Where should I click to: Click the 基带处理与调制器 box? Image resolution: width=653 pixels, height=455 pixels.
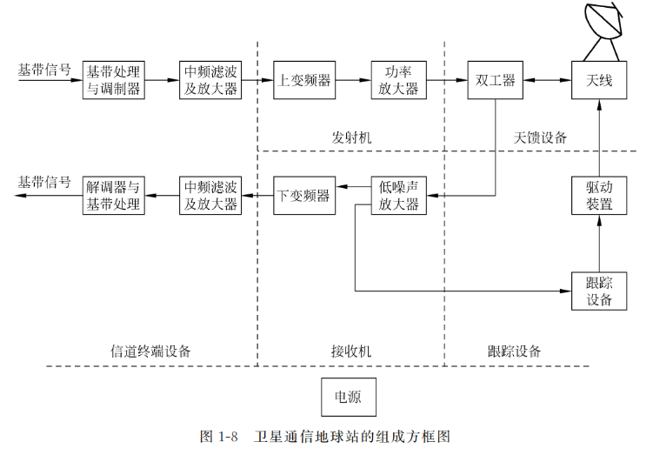click(x=113, y=80)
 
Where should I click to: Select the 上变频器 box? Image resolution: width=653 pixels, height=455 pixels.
click(x=303, y=80)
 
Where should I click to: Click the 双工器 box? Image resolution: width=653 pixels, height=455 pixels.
click(x=496, y=80)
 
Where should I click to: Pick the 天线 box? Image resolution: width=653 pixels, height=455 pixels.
click(x=599, y=80)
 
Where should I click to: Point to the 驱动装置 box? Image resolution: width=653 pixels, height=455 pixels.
click(x=599, y=196)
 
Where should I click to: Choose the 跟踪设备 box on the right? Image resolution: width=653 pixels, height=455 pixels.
click(x=599, y=291)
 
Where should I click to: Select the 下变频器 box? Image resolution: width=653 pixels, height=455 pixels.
click(x=303, y=196)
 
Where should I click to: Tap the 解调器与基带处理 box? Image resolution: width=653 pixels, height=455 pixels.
click(x=113, y=196)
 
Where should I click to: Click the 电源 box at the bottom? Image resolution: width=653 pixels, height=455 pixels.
click(x=350, y=398)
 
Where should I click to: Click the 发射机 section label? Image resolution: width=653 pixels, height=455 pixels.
click(x=350, y=137)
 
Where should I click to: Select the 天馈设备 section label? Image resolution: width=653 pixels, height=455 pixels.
click(x=540, y=137)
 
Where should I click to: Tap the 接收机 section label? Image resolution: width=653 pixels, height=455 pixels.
click(x=350, y=351)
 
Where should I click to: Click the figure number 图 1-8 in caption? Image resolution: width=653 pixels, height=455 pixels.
click(x=219, y=436)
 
